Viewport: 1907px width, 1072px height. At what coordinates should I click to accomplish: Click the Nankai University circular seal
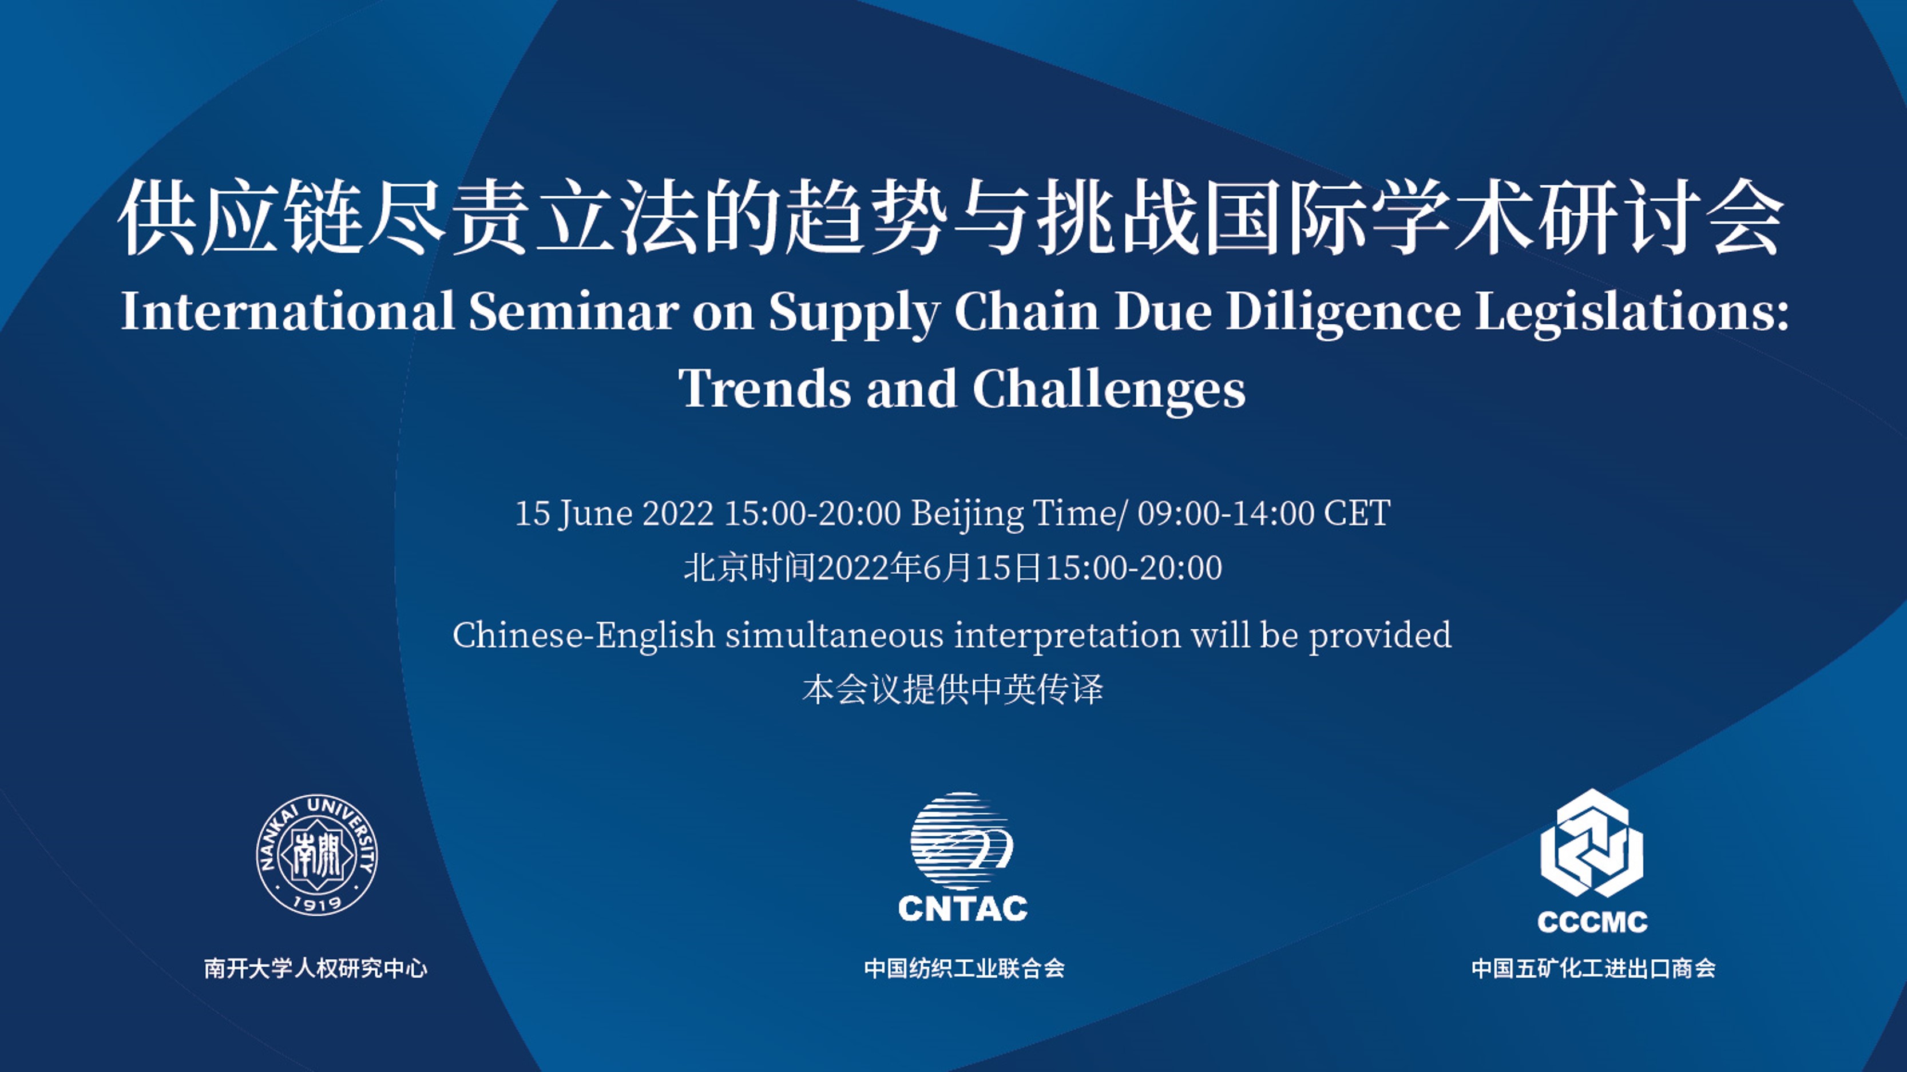tap(317, 855)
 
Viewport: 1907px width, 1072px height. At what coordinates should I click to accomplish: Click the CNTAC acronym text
tap(962, 908)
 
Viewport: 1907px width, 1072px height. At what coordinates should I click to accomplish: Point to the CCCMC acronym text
tap(1592, 922)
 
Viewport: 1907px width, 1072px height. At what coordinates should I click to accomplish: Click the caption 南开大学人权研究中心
tap(316, 968)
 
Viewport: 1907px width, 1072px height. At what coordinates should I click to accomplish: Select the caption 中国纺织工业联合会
tap(964, 968)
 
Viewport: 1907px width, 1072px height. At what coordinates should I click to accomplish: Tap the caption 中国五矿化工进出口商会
tap(1593, 968)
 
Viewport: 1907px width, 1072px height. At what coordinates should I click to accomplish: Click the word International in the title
tap(287, 311)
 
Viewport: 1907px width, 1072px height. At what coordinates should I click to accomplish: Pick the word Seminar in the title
tap(574, 311)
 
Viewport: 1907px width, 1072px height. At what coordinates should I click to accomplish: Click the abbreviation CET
tap(1357, 513)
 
